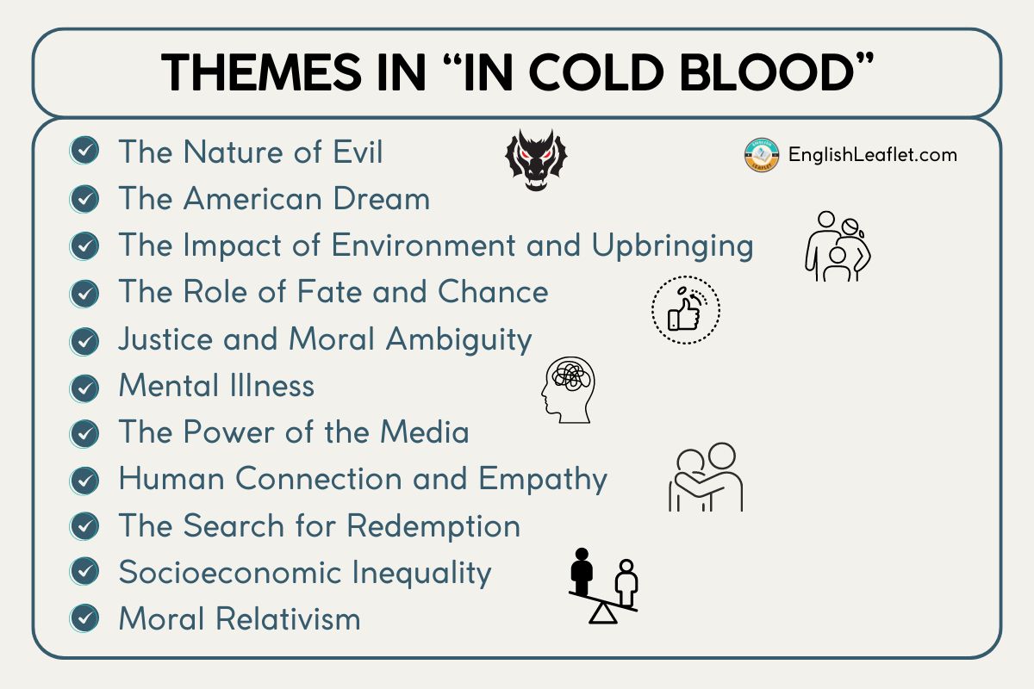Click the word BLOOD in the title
click(765, 72)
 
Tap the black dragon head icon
click(536, 159)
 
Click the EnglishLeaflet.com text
click(872, 155)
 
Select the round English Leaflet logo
click(762, 155)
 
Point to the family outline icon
click(838, 246)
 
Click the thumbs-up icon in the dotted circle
click(686, 310)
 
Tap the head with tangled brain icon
click(568, 390)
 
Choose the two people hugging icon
click(706, 477)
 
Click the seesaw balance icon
click(603, 587)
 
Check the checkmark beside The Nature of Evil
click(84, 151)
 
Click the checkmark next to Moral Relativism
click(84, 618)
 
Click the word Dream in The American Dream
click(381, 199)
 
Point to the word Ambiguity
click(458, 340)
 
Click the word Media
click(425, 432)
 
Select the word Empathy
click(543, 480)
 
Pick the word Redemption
click(433, 526)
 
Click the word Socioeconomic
click(230, 572)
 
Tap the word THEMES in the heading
click(261, 72)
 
